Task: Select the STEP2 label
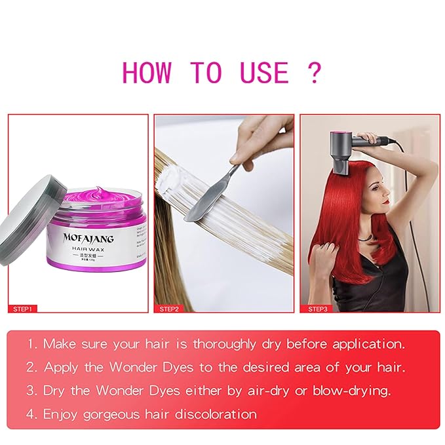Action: pos(170,308)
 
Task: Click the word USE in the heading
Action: pos(258,72)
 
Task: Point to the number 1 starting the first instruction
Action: pos(33,343)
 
